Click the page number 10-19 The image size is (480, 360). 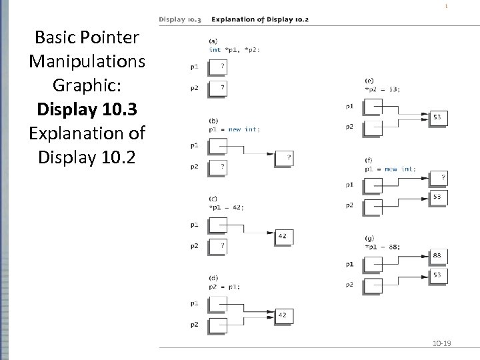click(x=442, y=343)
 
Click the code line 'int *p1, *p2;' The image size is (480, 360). click(x=234, y=50)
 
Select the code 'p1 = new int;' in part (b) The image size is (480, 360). click(x=235, y=129)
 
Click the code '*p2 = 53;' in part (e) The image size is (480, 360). click(x=383, y=89)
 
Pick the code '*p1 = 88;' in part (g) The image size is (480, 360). click(x=383, y=247)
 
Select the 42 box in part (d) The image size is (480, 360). click(x=283, y=315)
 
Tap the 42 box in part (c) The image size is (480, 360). click(x=283, y=236)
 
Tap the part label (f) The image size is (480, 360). click(x=369, y=161)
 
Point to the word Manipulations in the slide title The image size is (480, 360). click(x=87, y=61)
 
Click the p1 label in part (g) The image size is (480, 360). click(x=350, y=264)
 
